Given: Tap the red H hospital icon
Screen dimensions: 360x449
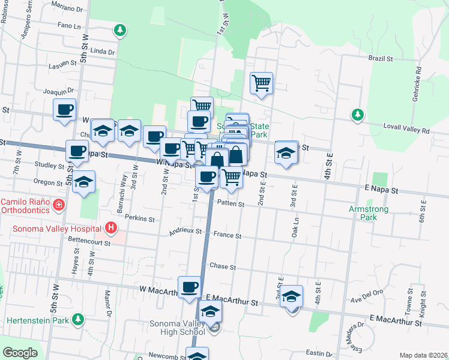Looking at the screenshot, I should tap(110, 227).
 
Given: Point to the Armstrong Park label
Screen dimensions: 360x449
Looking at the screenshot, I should tap(369, 213).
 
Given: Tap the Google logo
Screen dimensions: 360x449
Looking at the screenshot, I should tap(20, 353).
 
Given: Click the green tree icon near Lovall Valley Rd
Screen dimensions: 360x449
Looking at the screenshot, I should tap(357, 114).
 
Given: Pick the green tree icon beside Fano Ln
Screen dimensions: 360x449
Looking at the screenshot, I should tap(120, 29).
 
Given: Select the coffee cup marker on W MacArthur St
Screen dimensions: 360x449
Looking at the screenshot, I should tap(190, 287).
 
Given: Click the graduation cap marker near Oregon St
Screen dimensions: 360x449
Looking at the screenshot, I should tap(83, 181).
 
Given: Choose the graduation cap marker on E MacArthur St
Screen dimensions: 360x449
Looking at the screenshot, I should tap(291, 296).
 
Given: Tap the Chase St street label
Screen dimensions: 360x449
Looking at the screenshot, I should tap(222, 266).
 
